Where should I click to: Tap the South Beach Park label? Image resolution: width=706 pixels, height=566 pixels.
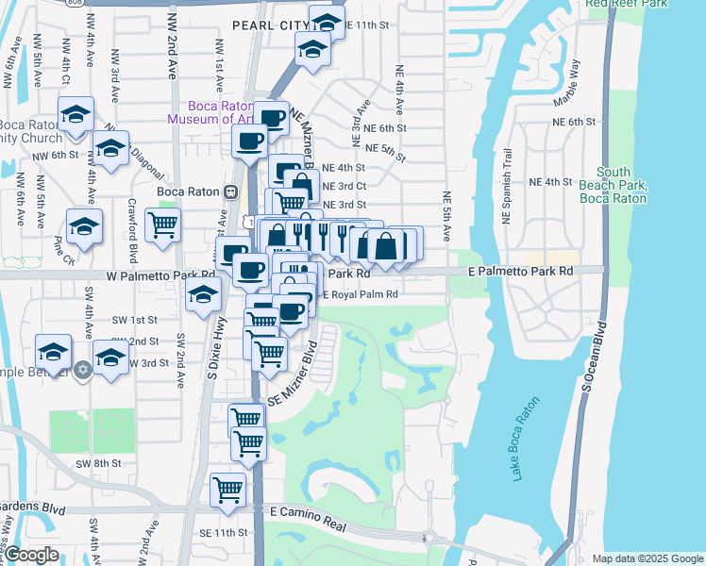pos(613,185)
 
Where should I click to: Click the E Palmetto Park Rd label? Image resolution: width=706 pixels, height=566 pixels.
pos(535,271)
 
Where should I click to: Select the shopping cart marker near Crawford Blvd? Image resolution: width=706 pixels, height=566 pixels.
pos(163,225)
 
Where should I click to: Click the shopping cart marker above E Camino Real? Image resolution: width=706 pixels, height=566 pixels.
pos(228,490)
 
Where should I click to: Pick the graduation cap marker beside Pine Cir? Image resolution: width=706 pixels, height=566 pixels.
pos(84,226)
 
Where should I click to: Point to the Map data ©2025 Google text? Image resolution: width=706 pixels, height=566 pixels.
pos(647,558)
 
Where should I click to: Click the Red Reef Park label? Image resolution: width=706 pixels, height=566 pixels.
pos(626,4)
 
